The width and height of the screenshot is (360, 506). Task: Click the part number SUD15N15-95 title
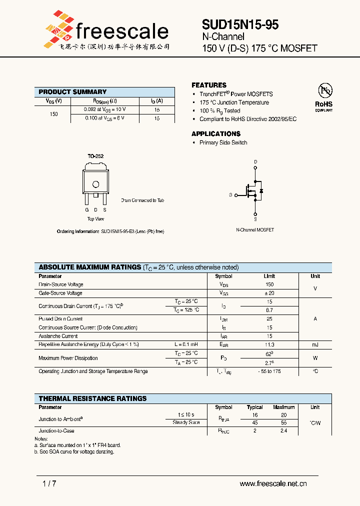tap(240, 24)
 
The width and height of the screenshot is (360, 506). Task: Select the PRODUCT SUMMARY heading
tap(72, 92)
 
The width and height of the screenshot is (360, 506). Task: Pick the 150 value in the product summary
tap(54, 114)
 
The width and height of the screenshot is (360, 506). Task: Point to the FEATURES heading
tap(209, 85)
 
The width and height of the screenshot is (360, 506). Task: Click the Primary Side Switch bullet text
tap(223, 142)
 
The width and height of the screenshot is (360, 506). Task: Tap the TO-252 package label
tap(95, 156)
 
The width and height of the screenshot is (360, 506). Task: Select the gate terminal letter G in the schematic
tap(230, 194)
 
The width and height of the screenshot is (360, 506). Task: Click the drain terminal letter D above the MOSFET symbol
tap(255, 161)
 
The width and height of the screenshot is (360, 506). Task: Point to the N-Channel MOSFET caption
tap(255, 230)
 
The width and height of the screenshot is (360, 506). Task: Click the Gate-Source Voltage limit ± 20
tap(269, 293)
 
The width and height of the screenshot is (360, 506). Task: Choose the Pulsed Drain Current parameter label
tap(60, 319)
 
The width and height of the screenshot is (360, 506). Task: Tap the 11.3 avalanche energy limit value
tap(269, 345)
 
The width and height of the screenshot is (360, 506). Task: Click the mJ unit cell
tap(315, 345)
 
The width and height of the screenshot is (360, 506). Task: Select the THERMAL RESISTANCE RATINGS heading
tap(92, 398)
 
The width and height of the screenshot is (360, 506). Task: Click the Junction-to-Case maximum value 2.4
tap(283, 430)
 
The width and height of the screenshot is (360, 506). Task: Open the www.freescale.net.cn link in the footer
tap(273, 483)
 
